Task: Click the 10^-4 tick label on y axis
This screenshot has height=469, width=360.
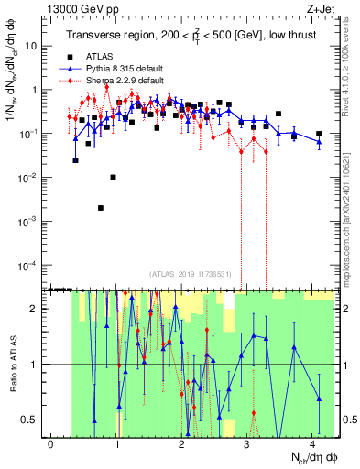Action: tap(30, 266)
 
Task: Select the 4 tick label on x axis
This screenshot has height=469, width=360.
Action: tap(312, 444)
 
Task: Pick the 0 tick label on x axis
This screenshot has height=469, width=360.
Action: tap(51, 444)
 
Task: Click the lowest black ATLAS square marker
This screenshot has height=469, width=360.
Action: tap(101, 207)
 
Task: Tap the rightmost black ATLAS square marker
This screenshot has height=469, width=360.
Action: tap(319, 134)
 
